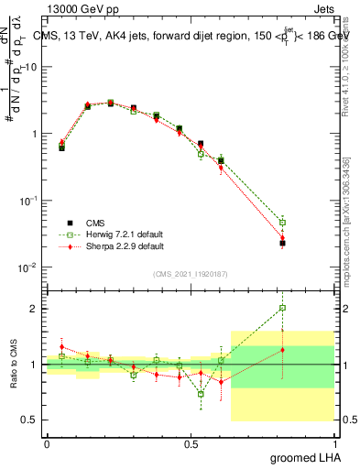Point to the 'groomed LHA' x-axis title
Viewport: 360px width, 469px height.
(309, 458)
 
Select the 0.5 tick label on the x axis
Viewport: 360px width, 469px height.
(191, 443)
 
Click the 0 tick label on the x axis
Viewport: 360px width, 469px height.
(47, 443)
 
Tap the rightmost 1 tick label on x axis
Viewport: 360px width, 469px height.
(334, 443)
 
